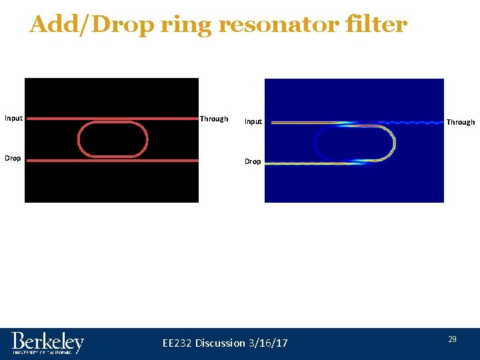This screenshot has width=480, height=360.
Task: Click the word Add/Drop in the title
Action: (x=92, y=25)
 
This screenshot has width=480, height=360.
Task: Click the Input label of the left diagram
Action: (x=13, y=119)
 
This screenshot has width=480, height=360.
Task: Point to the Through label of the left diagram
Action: (x=214, y=119)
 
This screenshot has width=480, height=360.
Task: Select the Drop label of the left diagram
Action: (x=13, y=158)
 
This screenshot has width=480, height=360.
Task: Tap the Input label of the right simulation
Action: (x=253, y=121)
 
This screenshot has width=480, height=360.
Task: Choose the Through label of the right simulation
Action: (x=461, y=122)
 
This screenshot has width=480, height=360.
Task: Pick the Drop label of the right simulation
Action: (x=253, y=161)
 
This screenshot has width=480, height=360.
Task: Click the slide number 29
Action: (x=452, y=339)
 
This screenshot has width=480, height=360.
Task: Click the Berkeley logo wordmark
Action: (x=47, y=342)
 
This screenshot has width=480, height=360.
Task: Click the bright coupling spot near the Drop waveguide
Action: (x=357, y=161)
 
